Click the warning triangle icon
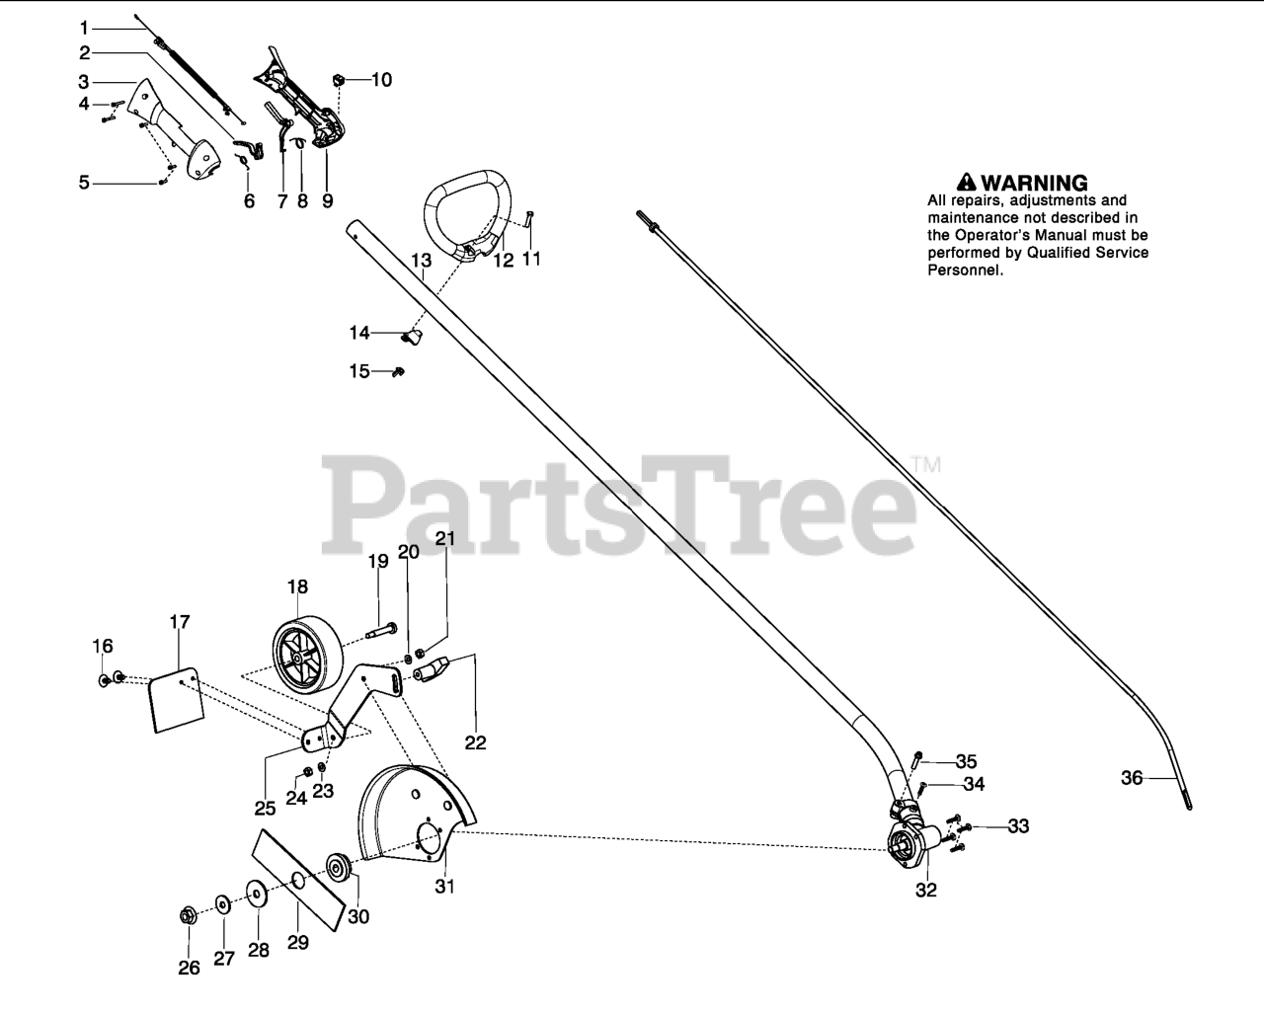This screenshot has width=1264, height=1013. pyautogui.click(x=967, y=182)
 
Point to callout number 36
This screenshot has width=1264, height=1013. pyautogui.click(x=1132, y=778)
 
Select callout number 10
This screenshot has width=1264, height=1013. pyautogui.click(x=381, y=79)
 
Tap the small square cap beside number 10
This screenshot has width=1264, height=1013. pyautogui.click(x=339, y=79)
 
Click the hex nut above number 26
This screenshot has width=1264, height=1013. pyautogui.click(x=187, y=915)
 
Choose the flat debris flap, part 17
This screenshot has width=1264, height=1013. pyautogui.click(x=176, y=702)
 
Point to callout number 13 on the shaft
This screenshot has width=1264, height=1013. pyautogui.click(x=422, y=261)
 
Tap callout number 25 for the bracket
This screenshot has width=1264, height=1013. pyautogui.click(x=264, y=808)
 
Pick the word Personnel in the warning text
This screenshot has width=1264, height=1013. pyautogui.click(x=965, y=270)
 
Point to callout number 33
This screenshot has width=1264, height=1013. pyautogui.click(x=1017, y=825)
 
